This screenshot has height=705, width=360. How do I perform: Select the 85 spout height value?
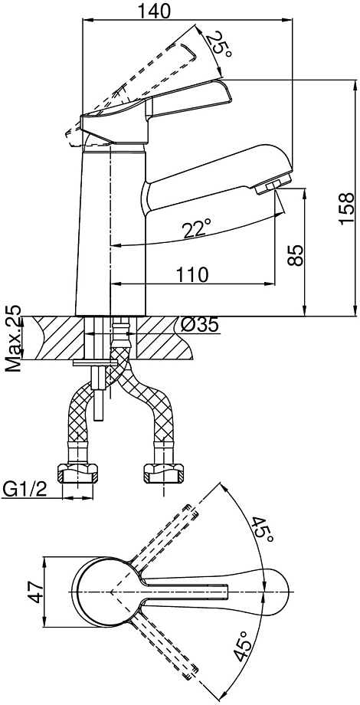coord(296,256)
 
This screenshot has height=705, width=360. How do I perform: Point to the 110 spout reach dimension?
coord(192,274)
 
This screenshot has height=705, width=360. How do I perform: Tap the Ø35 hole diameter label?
coord(201,324)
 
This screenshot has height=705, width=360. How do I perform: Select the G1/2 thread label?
coord(25,488)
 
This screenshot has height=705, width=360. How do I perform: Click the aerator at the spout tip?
coord(273,185)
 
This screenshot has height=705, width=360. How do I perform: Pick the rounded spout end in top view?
coord(277,592)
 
